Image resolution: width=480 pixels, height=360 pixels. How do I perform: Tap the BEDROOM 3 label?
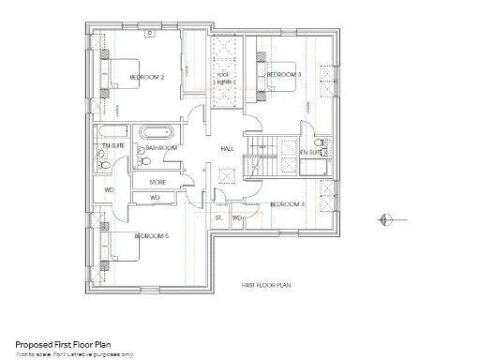(x=282, y=74)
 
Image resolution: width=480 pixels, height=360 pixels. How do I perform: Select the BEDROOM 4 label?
(x=288, y=204)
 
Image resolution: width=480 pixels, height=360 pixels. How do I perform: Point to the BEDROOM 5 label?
(x=151, y=236)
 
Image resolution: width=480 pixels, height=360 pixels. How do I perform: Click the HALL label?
(x=227, y=148)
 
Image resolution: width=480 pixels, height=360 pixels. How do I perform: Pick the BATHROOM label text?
(x=162, y=148)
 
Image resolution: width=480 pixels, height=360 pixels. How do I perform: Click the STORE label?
(x=157, y=181)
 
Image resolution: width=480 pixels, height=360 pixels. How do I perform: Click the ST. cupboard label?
(x=218, y=217)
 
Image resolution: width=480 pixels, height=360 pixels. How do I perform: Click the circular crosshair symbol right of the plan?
(x=385, y=220)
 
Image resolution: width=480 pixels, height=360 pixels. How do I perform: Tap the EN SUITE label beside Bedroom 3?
(x=311, y=150)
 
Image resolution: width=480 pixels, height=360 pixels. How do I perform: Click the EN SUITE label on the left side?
(x=112, y=147)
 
